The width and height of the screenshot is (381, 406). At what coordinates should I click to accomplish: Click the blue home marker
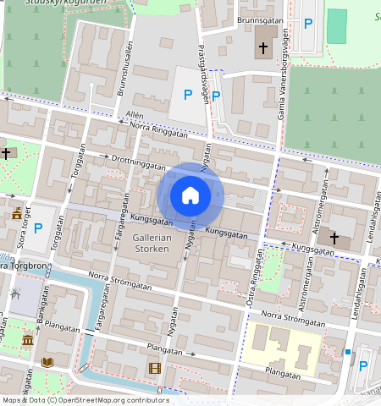click(x=190, y=195)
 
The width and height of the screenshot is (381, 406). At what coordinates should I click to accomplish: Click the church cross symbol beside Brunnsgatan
click(x=262, y=48)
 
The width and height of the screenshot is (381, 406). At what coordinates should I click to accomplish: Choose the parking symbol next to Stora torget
click(x=37, y=228)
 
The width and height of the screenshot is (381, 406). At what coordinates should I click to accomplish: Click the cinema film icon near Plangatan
click(x=153, y=367)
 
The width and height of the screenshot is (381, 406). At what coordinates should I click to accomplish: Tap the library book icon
click(x=47, y=362)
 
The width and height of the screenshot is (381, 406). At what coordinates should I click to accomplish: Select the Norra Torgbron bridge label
click(x=25, y=266)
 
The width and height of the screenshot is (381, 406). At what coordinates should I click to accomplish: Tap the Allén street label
click(x=135, y=114)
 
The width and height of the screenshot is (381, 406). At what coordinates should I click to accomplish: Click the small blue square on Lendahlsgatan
click(x=348, y=351)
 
